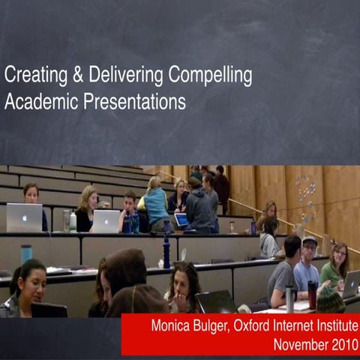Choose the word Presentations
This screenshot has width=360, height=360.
(x=136, y=100)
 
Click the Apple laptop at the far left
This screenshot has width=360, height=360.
(x=24, y=217)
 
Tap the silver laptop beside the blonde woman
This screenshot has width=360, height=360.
(x=105, y=221)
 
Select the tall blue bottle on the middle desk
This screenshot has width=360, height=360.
(x=166, y=253)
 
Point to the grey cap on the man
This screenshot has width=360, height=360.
(x=309, y=240)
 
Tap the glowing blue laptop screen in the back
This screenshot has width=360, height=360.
(x=181, y=220)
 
